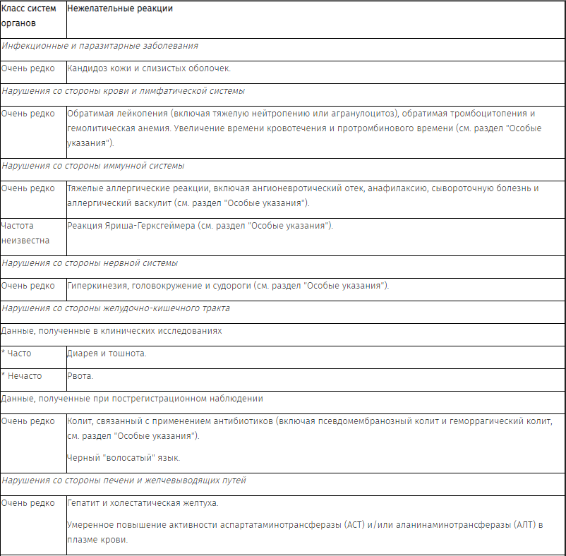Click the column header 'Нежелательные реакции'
(119, 9)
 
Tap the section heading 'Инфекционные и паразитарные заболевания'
(100, 46)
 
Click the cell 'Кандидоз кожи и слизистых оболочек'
(148, 68)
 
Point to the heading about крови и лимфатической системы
(123, 91)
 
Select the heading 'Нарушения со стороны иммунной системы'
(92, 166)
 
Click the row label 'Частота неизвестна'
(25, 233)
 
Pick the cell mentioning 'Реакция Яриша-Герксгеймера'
(199, 226)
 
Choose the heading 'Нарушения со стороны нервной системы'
(90, 263)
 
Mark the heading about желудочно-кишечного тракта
(116, 308)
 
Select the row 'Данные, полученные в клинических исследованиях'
(112, 331)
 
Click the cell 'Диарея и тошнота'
(107, 353)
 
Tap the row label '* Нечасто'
(22, 376)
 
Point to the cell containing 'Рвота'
(80, 376)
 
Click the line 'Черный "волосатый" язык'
(124, 458)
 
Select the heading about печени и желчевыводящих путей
(124, 481)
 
